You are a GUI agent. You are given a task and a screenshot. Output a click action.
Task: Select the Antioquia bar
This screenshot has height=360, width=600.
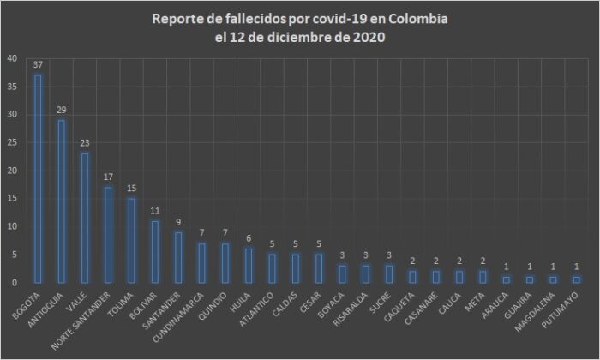61,201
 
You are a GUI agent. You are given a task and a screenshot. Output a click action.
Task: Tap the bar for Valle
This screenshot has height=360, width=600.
84,218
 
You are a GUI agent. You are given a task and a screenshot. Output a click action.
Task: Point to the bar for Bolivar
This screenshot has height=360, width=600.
154,251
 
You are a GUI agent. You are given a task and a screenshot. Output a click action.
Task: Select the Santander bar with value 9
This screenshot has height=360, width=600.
177,257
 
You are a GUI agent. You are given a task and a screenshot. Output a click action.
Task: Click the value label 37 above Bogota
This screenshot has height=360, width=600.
38,65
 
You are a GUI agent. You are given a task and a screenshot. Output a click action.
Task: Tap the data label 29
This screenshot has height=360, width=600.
61,111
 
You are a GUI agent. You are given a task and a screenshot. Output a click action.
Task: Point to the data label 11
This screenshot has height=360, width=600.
154,211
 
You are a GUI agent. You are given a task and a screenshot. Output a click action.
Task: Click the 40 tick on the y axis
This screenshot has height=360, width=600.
11,58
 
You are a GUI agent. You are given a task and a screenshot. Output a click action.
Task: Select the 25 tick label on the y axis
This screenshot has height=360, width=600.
11,142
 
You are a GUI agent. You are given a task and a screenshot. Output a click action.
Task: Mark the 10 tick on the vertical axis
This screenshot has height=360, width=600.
11,226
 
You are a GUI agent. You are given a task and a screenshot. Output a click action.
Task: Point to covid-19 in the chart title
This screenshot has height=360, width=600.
339,19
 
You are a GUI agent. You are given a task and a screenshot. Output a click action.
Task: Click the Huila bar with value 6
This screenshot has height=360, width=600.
248,266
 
